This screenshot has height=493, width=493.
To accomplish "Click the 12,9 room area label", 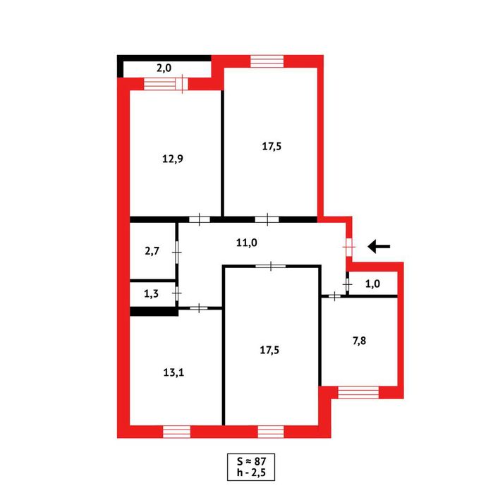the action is (x=173, y=159).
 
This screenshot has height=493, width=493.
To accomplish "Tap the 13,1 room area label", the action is (x=174, y=372).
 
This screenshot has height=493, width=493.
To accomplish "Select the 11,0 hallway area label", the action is (x=247, y=243).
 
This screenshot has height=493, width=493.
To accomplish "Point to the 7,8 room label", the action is (x=359, y=341).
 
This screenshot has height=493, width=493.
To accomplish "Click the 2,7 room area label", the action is (x=152, y=251).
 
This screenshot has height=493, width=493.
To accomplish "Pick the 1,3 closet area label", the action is (x=151, y=293).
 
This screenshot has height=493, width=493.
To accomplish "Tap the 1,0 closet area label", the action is (x=372, y=284).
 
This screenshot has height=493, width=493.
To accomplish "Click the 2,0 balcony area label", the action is (x=164, y=68).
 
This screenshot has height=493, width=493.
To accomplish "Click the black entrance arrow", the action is (x=379, y=247).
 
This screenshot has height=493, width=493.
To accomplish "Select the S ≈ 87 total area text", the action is (x=251, y=461).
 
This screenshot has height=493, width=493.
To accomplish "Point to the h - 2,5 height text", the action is (x=251, y=473).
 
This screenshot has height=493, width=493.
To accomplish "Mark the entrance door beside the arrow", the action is (x=348, y=247).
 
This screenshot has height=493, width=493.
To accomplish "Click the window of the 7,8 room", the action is (x=358, y=393).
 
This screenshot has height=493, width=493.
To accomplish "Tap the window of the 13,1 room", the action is (x=177, y=432).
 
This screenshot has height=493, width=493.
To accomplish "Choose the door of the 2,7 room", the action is (x=177, y=252).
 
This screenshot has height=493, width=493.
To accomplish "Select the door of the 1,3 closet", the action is (x=177, y=293).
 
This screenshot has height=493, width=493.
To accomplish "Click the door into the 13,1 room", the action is (x=199, y=308).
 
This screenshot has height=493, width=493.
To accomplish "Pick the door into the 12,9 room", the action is (x=200, y=219).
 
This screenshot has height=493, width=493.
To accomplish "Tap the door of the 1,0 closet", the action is (x=348, y=284).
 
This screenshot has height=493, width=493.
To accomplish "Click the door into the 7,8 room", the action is (x=334, y=296).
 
